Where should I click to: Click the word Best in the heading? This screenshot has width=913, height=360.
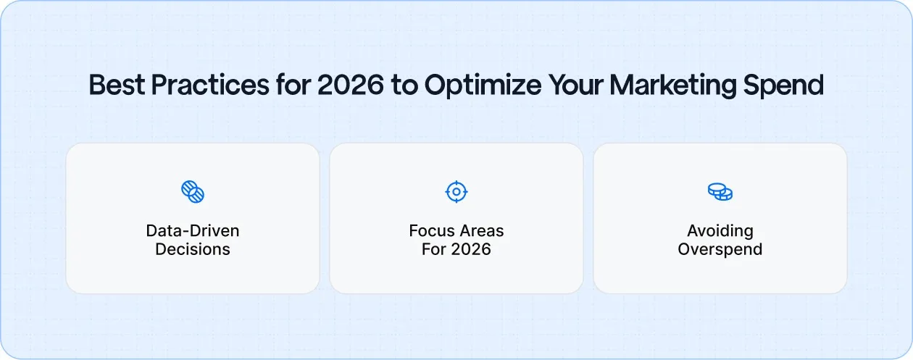coord(113,85)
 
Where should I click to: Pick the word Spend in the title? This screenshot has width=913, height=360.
coord(790,85)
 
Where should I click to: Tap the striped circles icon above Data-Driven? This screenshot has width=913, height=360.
coord(193,192)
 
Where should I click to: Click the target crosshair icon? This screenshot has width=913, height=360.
coord(456,192)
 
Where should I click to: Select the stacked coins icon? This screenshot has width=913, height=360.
coord(720,192)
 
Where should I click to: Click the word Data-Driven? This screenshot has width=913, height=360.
coord(193,231)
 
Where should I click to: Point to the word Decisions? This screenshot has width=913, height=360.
coord(193,250)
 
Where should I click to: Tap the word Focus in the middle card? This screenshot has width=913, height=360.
coord(430,231)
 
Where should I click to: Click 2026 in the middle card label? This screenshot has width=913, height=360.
coord(470,250)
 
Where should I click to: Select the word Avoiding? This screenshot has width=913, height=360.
coord(720,231)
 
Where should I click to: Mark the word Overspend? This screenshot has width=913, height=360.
coord(720,250)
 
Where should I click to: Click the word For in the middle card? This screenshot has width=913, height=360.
coord(433,250)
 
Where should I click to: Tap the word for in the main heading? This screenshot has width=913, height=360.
coord(291,85)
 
